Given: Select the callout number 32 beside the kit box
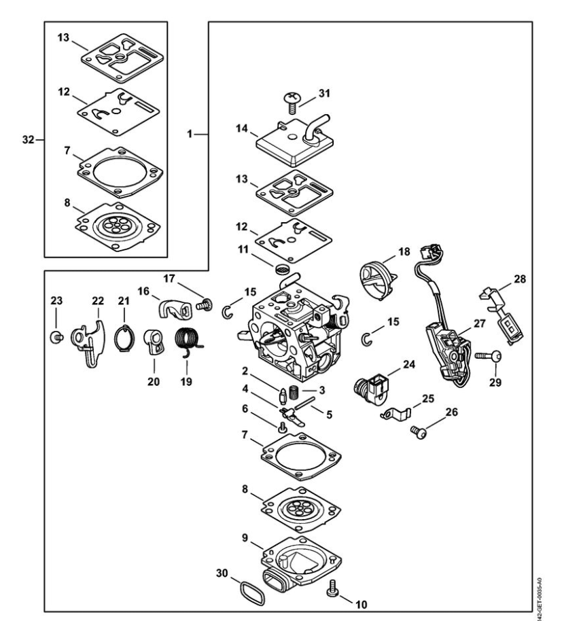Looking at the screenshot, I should pyautogui.click(x=28, y=140).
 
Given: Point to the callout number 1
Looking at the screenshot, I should pyautogui.click(x=190, y=135).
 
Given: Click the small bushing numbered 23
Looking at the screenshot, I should pyautogui.click(x=57, y=336).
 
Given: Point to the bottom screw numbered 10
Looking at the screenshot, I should pyautogui.click(x=333, y=588).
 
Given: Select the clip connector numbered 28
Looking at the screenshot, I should pyautogui.click(x=504, y=313).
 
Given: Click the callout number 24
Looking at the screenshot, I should pyautogui.click(x=409, y=363).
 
